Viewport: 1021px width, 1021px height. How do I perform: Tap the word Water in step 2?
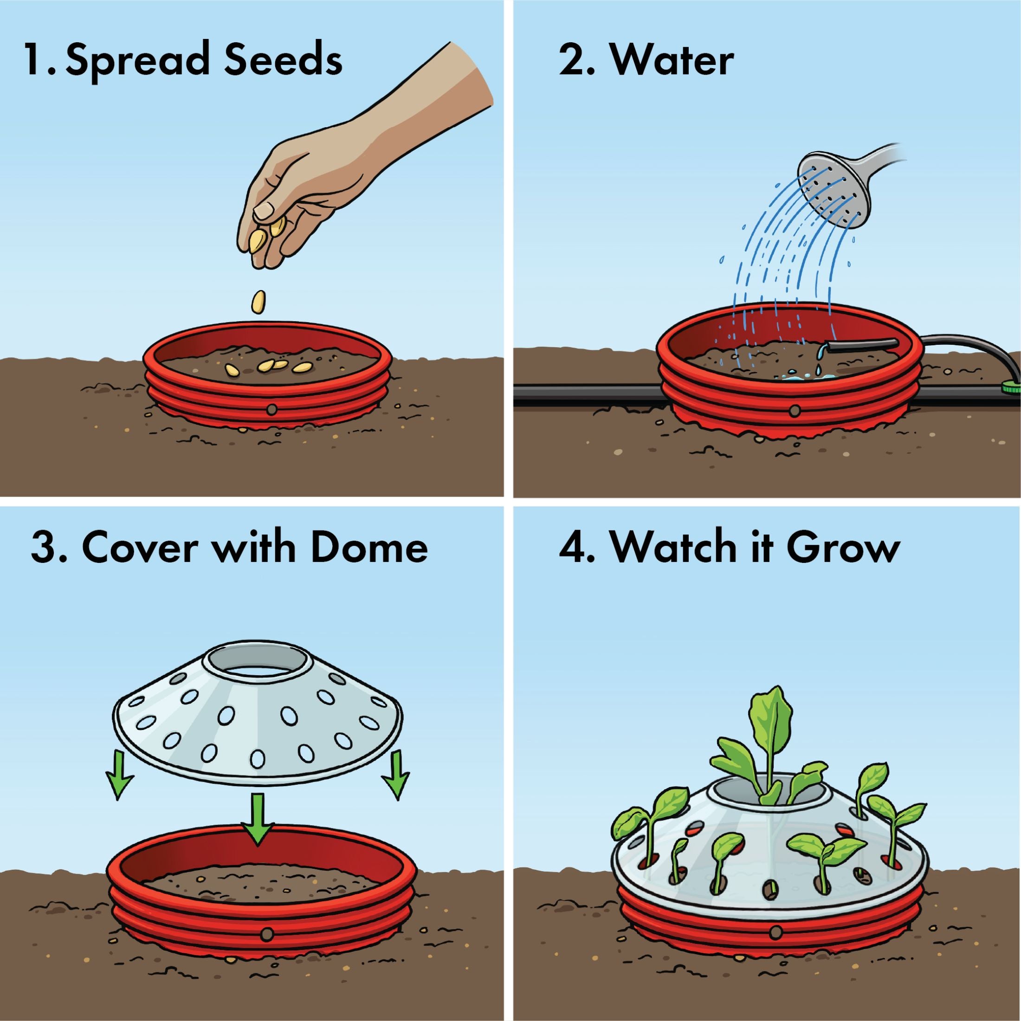pos(672,61)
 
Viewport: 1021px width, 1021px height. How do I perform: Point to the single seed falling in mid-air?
pos(258,303)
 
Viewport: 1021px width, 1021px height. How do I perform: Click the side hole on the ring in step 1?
pos(271,408)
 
